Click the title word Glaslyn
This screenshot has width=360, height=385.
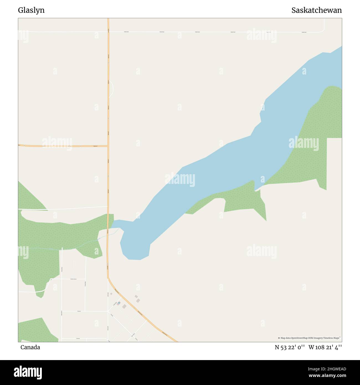[31, 10]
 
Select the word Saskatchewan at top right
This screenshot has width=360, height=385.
[316, 10]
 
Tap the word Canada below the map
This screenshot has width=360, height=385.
[30, 347]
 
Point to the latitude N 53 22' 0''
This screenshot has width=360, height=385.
[290, 347]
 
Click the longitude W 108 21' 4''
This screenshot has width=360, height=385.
[325, 347]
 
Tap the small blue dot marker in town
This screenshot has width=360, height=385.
[119, 303]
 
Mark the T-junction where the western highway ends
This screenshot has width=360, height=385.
[108, 146]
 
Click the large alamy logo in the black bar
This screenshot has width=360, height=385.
[28, 372]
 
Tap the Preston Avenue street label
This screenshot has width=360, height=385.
[73, 279]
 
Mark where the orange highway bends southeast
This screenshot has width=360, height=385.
[108, 278]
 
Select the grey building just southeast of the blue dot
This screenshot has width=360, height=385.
[124, 306]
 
